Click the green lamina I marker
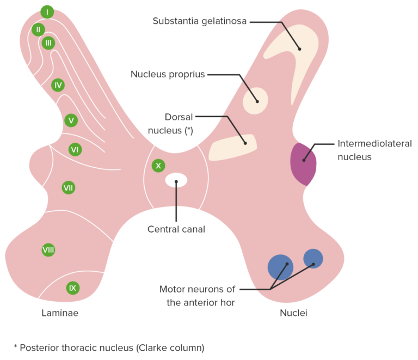47,12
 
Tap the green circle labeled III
48,42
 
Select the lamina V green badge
70,120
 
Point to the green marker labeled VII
68,188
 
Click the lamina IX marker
73,288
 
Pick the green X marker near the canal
158,166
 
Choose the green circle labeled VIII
48,250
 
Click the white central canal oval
176,180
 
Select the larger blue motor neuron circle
280,267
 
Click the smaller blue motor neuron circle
313,259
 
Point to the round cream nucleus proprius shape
255,101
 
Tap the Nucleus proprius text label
168,74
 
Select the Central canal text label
176,229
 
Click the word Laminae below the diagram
60,313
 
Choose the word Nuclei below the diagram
293,313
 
